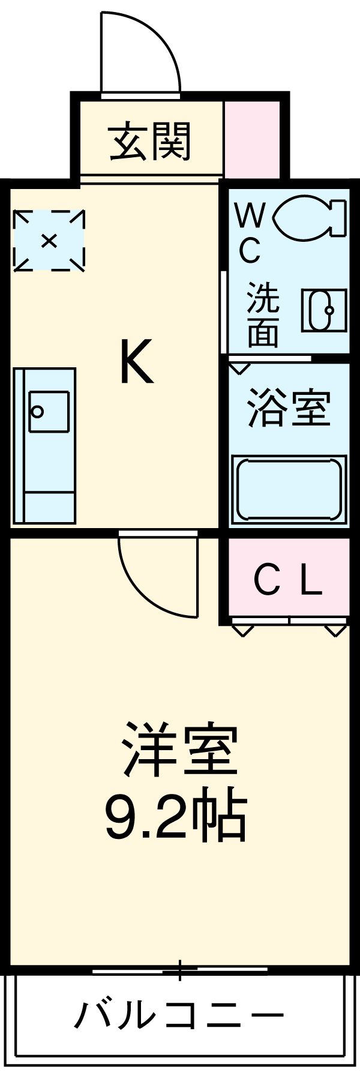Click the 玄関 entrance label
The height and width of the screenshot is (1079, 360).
pyautogui.click(x=150, y=142)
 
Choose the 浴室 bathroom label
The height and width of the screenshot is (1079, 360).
pyautogui.click(x=289, y=409)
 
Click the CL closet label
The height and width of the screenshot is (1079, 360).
pyautogui.click(x=288, y=580)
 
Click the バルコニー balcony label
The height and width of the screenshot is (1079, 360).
pyautogui.click(x=179, y=1016)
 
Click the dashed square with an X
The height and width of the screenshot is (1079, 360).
pyautogui.click(x=49, y=241)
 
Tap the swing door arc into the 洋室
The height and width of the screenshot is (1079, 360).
pyautogui.click(x=158, y=574)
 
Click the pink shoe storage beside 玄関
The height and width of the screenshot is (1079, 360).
pyautogui.click(x=252, y=139)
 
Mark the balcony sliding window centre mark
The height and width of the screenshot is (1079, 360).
pyautogui.click(x=179, y=970)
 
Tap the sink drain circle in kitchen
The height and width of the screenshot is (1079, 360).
pyautogui.click(x=38, y=412)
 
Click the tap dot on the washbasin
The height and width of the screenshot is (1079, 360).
pyautogui.click(x=329, y=310)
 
